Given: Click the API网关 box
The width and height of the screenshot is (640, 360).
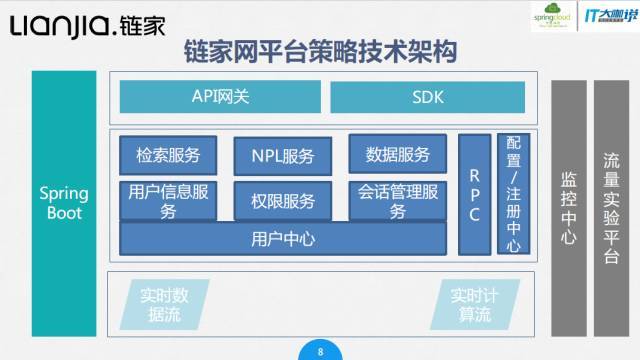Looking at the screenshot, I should (219, 97).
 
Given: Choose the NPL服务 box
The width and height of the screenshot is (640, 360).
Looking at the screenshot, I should (283, 156).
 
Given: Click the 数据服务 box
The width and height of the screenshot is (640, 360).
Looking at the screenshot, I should (398, 154).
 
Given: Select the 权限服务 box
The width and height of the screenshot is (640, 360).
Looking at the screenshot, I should (283, 200).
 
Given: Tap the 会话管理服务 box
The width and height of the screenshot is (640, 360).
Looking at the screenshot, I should (398, 200).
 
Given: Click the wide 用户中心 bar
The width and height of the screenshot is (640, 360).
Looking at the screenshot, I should (283, 239).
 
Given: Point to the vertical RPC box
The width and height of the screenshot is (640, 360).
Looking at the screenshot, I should (474, 193).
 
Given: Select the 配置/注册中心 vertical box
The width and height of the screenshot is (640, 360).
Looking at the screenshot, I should (513, 193).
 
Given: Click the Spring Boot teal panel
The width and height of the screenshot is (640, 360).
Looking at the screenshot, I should (64, 200).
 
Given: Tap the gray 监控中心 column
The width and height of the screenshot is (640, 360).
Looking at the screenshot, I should (568, 207).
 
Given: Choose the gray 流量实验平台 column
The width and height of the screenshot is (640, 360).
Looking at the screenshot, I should (612, 207).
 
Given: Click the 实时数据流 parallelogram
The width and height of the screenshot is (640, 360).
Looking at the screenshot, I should (164, 305).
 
